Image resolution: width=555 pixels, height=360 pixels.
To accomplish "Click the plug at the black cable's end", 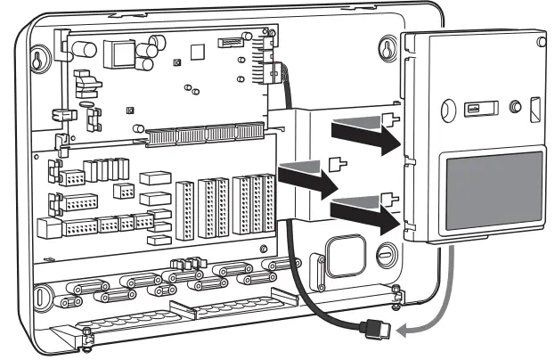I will tap(376, 330).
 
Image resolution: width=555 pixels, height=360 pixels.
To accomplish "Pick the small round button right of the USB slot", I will tap(514, 107).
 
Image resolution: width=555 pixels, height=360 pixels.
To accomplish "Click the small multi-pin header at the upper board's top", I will tap(232, 43).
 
